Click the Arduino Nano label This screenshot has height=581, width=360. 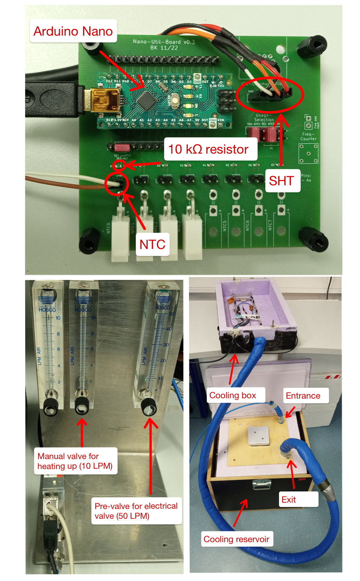point(73,31)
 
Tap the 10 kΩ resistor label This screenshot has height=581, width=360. point(208,149)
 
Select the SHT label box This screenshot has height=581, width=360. point(282,181)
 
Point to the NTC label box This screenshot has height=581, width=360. point(152,244)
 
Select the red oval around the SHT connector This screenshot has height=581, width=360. point(270,94)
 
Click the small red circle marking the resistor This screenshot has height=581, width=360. point(119,165)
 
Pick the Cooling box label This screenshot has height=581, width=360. point(233,395)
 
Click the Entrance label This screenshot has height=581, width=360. point(303,396)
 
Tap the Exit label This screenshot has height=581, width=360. point(289,499)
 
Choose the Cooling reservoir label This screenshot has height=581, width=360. point(236,539)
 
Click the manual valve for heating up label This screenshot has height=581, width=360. point(75,461)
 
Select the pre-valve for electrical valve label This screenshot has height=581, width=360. point(136,511)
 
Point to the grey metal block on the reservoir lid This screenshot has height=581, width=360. point(258,436)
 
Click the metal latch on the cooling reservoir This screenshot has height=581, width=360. point(262,484)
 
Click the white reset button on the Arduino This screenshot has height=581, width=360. point(175,100)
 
